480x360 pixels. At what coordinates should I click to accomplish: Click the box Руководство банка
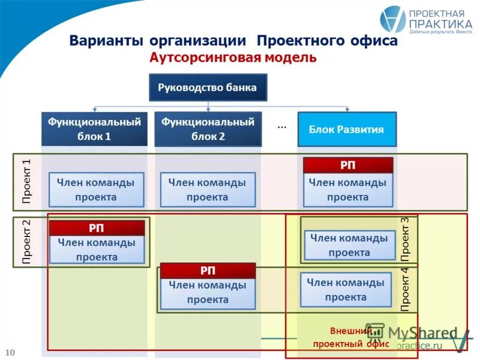click(x=208, y=88)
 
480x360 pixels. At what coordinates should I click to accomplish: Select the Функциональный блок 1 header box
click(x=94, y=129)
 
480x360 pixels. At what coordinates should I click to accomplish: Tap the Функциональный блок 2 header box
click(x=208, y=129)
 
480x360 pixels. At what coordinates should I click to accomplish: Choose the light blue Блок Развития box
click(x=346, y=129)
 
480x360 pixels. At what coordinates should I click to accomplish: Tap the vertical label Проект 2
click(x=26, y=242)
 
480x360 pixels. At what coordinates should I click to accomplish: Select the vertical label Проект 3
click(x=405, y=239)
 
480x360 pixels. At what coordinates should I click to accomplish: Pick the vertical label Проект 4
click(x=405, y=289)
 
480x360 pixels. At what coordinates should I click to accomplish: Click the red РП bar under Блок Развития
click(x=347, y=165)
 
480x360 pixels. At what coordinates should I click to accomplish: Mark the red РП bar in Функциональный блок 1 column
click(x=97, y=228)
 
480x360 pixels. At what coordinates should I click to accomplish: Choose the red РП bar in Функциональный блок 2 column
click(x=208, y=271)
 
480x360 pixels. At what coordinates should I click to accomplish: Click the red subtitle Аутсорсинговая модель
click(x=232, y=58)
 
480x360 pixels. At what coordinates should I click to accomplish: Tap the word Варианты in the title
click(x=106, y=41)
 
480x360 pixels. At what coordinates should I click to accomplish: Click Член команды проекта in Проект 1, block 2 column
click(x=208, y=190)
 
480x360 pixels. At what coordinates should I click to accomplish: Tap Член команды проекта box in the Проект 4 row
click(x=346, y=289)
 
